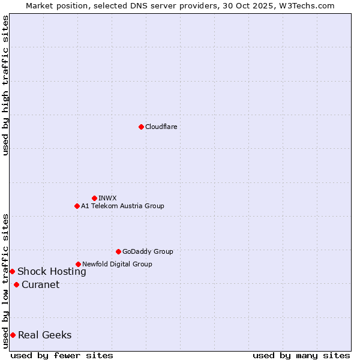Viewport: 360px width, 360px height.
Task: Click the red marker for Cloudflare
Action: point(141,127)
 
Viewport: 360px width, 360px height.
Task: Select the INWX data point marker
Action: point(94,198)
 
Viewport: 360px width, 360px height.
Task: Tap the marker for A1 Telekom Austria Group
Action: point(77,206)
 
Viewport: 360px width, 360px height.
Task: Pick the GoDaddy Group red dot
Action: point(118,251)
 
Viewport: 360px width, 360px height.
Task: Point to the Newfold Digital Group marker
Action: point(78,264)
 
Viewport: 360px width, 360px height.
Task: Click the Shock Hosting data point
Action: point(12,272)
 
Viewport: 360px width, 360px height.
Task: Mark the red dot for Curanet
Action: point(16,284)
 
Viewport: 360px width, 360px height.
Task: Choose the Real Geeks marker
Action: point(13,335)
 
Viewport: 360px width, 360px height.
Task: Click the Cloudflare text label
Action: point(161,127)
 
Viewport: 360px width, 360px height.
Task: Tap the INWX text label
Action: point(107,198)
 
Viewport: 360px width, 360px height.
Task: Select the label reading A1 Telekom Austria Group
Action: point(122,206)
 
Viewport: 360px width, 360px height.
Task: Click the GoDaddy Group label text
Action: point(148,251)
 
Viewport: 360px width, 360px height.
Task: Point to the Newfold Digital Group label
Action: point(117,264)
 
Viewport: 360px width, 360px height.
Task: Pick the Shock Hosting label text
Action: point(52,272)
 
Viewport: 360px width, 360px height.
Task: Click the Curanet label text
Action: point(40,284)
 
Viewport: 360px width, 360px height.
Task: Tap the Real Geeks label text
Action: point(44,335)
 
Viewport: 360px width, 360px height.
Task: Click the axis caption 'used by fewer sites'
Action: point(62,355)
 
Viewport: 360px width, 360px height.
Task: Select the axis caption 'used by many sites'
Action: point(301,355)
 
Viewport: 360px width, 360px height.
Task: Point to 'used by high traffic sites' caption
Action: point(5,85)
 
